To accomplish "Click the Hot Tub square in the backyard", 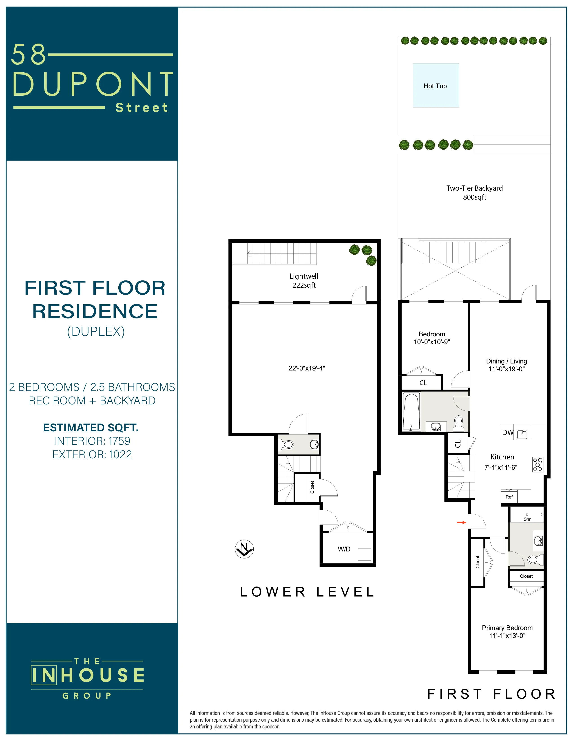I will click(436, 86).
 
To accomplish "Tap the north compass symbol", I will click(244, 549).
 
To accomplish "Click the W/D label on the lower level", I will click(344, 549).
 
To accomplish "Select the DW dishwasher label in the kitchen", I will click(507, 432).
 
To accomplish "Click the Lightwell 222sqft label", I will click(304, 281).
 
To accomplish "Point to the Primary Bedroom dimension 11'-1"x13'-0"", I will click(507, 635).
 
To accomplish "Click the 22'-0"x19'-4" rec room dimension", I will click(307, 368).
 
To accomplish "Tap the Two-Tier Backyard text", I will click(474, 188).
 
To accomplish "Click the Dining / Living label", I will click(506, 361).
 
